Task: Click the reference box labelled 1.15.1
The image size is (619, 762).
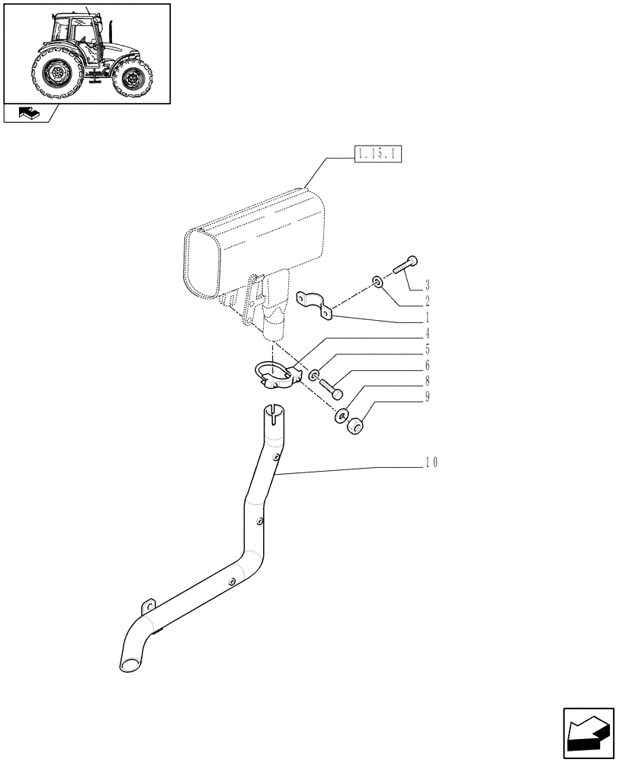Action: coord(377,156)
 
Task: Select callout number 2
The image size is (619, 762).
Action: coord(427,300)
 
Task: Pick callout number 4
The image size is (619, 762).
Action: coord(427,333)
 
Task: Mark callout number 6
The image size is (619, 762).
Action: coord(427,365)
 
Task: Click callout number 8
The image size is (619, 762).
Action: coord(427,381)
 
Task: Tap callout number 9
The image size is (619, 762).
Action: coord(427,397)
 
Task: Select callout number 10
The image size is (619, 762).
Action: coord(431,463)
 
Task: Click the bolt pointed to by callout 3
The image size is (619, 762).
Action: coord(404,267)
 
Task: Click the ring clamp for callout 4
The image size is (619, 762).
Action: coord(274,373)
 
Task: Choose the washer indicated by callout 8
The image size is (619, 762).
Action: coord(340,416)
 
